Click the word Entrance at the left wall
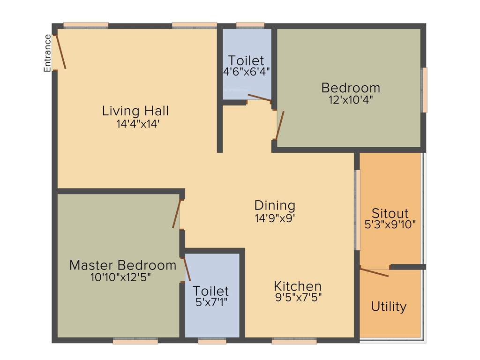click(x=47, y=53)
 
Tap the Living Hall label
click(x=135, y=111)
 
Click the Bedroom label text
click(x=350, y=88)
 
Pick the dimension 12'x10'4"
click(x=351, y=99)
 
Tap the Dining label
click(x=275, y=205)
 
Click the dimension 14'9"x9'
click(x=275, y=217)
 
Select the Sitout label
click(x=390, y=213)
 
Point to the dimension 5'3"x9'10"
click(x=390, y=225)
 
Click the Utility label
click(x=389, y=307)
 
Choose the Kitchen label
click(x=298, y=286)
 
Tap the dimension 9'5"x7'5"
click(x=298, y=297)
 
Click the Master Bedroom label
click(x=123, y=265)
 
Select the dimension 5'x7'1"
click(x=211, y=303)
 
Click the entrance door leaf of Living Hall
click(x=60, y=52)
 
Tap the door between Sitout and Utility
click(x=374, y=272)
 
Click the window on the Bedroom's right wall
click(x=425, y=90)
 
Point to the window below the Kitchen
click(x=294, y=341)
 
